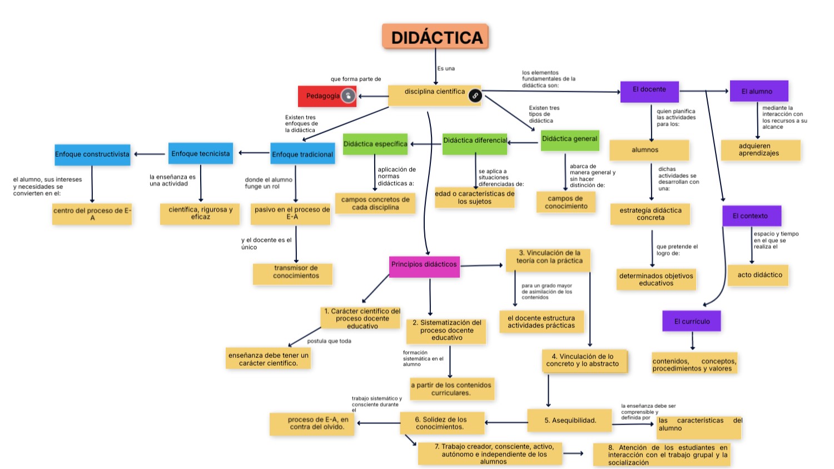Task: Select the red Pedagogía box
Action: pyautogui.click(x=322, y=96)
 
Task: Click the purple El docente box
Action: pyautogui.click(x=649, y=91)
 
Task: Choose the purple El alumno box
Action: pyautogui.click(x=758, y=91)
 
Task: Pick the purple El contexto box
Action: pyautogui.click(x=752, y=216)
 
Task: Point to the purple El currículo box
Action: pyautogui.click(x=692, y=321)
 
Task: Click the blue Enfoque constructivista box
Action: pyautogui.click(x=92, y=154)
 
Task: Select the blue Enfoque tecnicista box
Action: pyautogui.click(x=200, y=153)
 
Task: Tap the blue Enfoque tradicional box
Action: pyautogui.click(x=302, y=154)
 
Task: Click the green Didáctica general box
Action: pyautogui.click(x=569, y=139)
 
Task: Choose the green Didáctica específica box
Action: pyautogui.click(x=375, y=144)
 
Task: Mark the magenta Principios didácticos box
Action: pyautogui.click(x=424, y=265)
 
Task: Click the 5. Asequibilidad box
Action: pyautogui.click(x=569, y=421)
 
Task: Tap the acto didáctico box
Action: pyautogui.click(x=759, y=275)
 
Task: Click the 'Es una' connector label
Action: pyautogui.click(x=446, y=69)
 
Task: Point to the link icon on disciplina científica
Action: pyautogui.click(x=475, y=96)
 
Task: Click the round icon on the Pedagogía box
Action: pyautogui.click(x=348, y=96)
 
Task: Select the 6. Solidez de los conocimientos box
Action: pyautogui.click(x=441, y=423)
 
